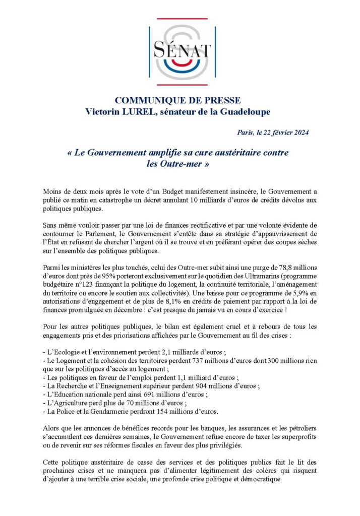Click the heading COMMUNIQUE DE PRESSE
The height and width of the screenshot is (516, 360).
tap(177, 100)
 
